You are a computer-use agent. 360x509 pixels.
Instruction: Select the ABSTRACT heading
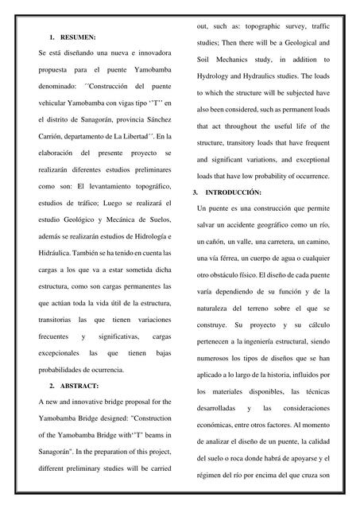pos(79,386)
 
